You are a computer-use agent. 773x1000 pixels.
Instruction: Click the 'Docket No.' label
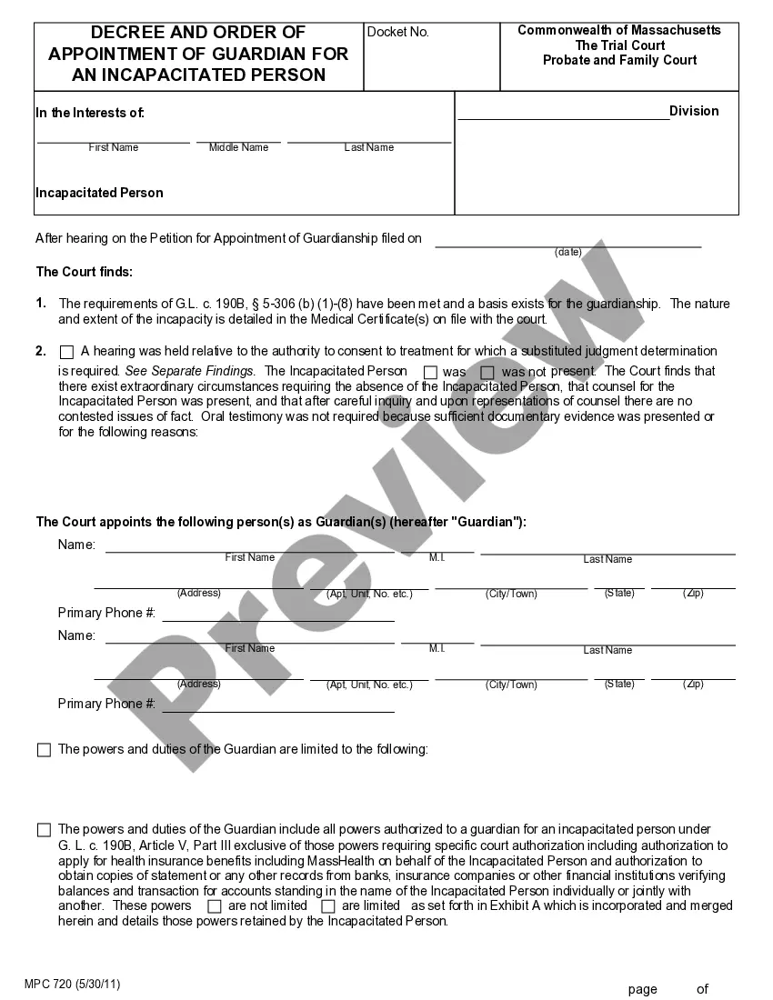397,33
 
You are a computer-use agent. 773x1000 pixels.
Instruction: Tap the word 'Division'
694,111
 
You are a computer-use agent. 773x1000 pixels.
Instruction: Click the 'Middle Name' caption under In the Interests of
238,147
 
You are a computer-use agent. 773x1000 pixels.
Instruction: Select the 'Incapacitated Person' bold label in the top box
99,193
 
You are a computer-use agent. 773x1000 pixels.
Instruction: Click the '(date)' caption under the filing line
568,252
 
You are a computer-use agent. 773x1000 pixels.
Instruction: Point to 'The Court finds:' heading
84,271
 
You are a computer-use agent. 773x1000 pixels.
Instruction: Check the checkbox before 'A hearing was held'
66,352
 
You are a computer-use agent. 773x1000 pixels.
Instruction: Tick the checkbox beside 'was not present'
487,372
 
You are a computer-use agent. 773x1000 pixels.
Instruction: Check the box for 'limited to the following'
44,750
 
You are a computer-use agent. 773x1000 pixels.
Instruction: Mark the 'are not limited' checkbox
215,906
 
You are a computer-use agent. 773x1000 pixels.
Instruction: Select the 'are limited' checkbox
327,906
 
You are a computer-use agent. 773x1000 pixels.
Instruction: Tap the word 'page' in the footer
642,989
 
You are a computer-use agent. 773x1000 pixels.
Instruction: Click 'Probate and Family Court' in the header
619,60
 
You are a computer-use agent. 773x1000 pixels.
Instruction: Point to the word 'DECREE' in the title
136,33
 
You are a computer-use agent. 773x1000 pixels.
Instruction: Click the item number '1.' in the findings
41,304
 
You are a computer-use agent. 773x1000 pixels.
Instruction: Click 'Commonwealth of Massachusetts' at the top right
619,30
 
